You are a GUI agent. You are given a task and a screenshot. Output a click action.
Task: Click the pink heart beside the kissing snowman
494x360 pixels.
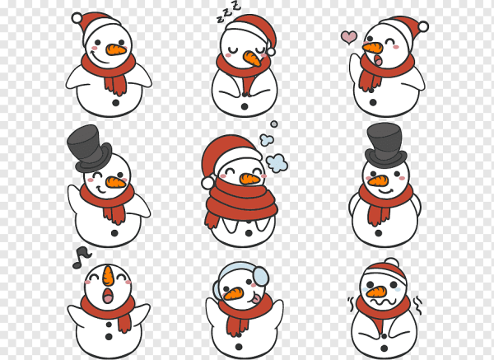tap(349, 37)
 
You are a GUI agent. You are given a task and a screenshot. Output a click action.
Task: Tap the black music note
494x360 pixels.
tap(82, 258)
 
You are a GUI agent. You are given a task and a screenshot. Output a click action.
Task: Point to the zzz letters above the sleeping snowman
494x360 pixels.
tap(229, 12)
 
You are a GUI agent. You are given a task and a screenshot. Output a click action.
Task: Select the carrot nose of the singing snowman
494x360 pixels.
tap(108, 275)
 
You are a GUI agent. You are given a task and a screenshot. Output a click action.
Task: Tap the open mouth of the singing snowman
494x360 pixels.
tap(108, 296)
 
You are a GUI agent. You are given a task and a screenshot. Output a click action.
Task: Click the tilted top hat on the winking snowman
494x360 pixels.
tap(89, 148)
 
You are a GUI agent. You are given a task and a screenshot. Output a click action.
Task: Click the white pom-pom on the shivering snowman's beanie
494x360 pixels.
tap(392, 262)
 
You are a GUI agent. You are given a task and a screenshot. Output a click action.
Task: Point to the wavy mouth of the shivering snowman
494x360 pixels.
tap(384, 302)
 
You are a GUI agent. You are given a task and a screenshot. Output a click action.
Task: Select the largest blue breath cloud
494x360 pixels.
tap(277, 162)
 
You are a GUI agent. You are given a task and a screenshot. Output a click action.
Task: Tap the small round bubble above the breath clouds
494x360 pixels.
tap(274, 124)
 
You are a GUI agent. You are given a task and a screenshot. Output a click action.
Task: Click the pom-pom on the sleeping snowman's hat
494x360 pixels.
tap(271, 52)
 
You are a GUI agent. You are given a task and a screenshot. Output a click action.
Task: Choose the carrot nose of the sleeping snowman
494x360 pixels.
tap(252, 58)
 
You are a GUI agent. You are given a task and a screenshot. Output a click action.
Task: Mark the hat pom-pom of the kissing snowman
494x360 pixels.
tap(423, 26)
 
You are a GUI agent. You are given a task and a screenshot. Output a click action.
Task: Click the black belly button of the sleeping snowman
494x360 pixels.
tap(245, 106)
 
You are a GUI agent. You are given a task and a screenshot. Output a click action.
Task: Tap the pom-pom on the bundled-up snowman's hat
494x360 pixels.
tap(207, 183)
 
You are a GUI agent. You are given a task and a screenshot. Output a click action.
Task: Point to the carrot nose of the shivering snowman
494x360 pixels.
tap(376, 292)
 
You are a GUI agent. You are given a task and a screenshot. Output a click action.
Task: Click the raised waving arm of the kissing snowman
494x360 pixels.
tap(355, 68)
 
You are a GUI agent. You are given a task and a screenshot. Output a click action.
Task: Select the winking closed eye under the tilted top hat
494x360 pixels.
tap(97, 175)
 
